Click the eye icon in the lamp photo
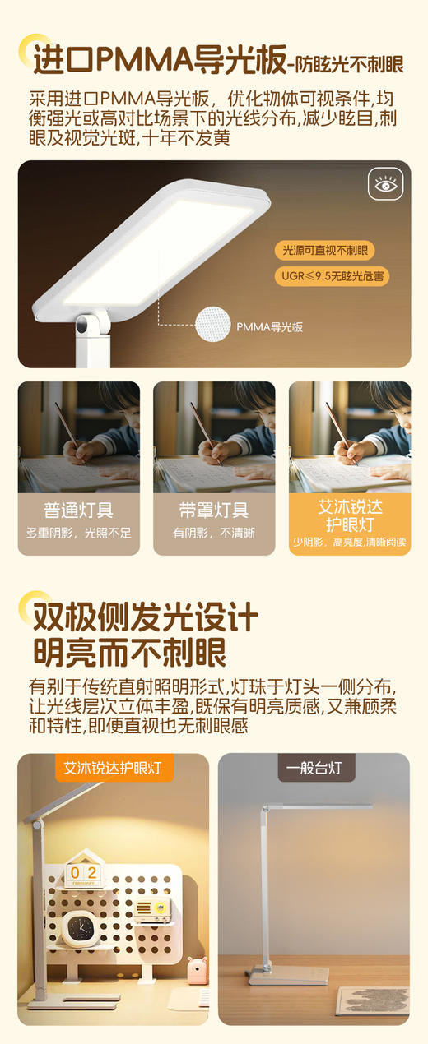click(x=384, y=185)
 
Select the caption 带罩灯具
click(x=213, y=510)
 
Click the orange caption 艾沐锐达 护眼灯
click(x=350, y=514)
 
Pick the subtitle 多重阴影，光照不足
click(x=78, y=534)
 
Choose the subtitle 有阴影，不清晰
click(x=213, y=534)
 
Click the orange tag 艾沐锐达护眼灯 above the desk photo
click(x=114, y=769)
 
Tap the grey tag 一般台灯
click(x=314, y=769)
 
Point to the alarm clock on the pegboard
click(x=81, y=927)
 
